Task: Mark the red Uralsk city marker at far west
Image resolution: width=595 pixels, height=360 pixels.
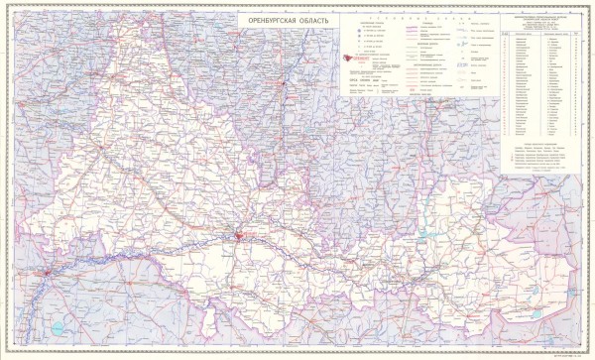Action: pyautogui.click(x=44, y=272)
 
